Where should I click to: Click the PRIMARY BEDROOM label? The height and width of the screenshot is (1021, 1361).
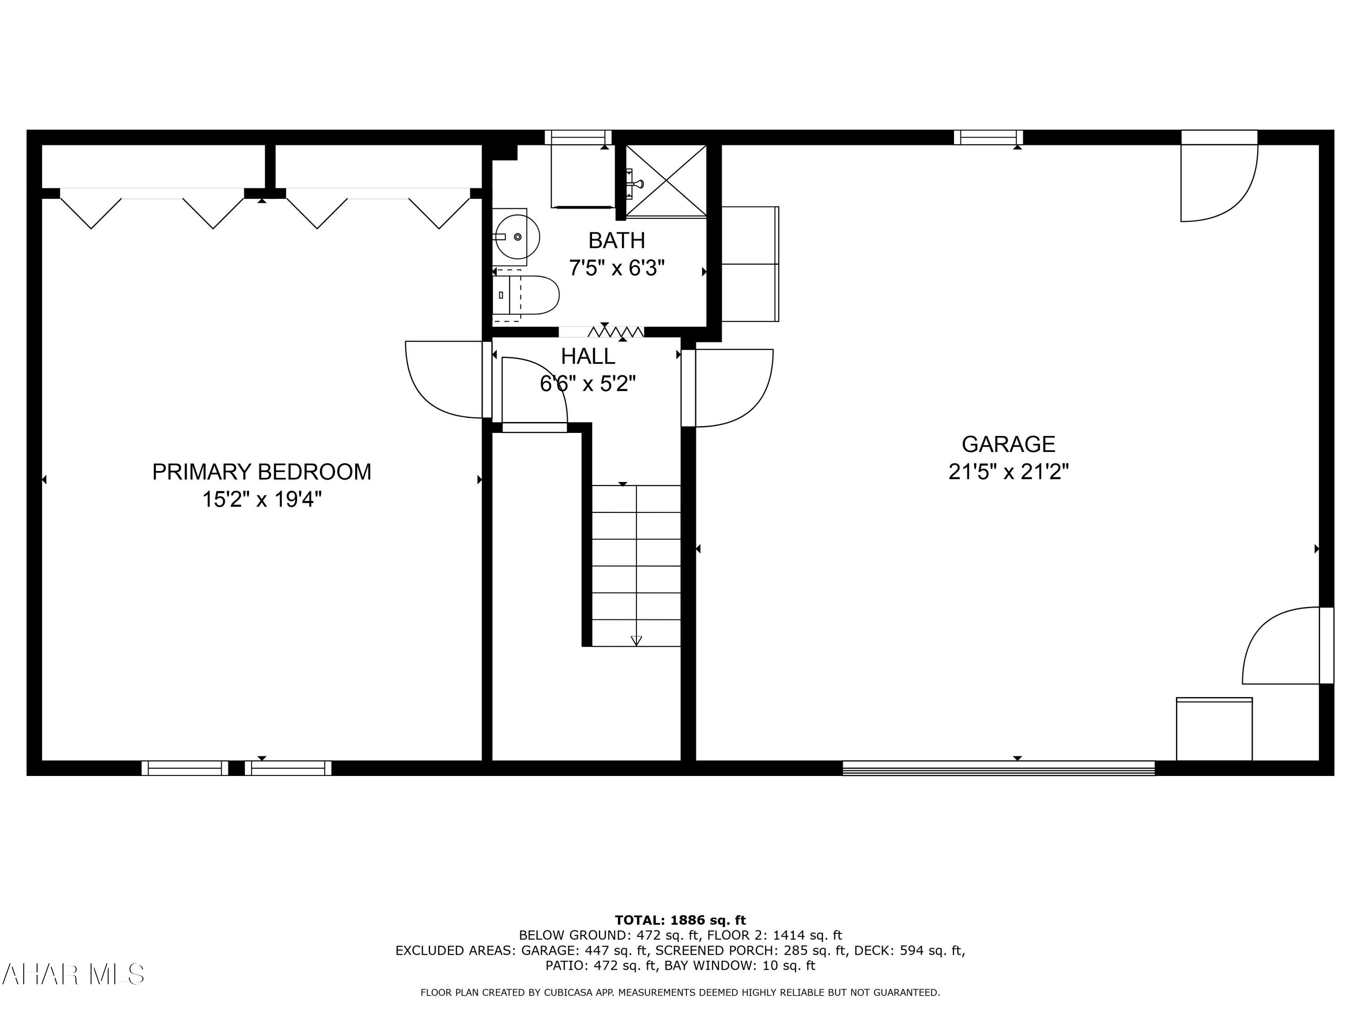[x=261, y=472]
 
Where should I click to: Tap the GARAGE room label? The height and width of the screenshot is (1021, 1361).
[x=1008, y=444]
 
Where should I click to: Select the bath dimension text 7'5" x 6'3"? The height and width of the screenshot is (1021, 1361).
[x=617, y=268]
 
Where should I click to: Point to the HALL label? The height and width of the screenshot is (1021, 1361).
[x=587, y=356]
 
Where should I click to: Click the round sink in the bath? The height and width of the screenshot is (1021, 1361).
[x=517, y=237]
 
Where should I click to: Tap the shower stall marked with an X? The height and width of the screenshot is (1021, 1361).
[x=666, y=180]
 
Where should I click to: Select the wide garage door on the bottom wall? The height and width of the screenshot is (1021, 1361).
[x=998, y=768]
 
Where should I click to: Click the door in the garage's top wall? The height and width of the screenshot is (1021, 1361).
[x=1218, y=178]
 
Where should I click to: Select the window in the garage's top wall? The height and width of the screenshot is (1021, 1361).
[x=988, y=137]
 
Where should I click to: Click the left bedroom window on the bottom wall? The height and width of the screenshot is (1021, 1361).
[x=185, y=768]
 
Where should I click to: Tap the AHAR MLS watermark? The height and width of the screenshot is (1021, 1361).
[x=73, y=974]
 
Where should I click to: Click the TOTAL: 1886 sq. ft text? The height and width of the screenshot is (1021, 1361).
[x=680, y=920]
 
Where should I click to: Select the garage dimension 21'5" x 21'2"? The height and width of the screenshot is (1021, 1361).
[x=1008, y=472]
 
